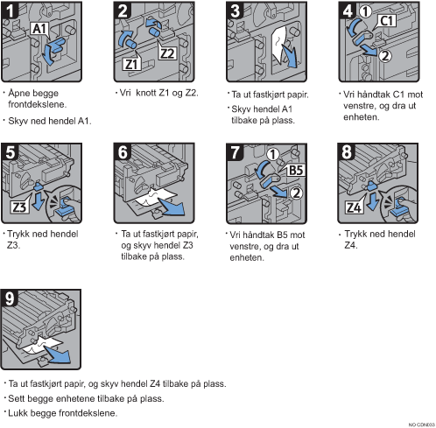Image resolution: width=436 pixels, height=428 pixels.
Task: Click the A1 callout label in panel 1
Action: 39,29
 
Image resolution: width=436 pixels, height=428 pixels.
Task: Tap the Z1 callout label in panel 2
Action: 131,64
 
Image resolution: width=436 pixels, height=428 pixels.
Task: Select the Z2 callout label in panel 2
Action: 167,53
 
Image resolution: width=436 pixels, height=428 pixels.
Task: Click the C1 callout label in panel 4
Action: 387,21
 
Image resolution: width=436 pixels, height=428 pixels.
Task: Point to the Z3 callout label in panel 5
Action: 19,207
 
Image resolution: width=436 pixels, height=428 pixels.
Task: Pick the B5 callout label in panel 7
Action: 296,170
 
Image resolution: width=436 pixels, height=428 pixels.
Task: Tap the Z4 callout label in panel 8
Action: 355,207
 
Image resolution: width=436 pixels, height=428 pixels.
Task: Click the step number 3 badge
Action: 235,11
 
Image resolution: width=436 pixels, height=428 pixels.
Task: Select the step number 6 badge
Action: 123,151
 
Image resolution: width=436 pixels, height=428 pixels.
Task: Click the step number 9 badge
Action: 10,298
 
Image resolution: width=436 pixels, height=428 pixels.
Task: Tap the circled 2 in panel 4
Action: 385,55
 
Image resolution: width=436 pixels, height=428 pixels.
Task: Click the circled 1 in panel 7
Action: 272,154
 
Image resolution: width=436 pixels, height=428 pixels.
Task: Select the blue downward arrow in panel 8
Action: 373,200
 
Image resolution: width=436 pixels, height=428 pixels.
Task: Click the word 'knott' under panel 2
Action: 146,93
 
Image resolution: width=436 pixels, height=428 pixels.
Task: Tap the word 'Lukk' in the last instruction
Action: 18,413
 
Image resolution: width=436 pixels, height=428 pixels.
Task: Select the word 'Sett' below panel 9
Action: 17,398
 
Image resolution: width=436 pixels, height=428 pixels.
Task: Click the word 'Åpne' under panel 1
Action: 19,94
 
